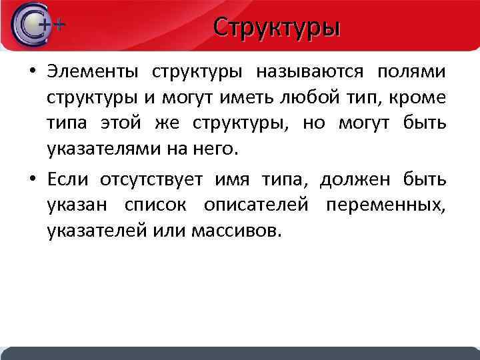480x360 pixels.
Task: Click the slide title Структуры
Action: [277, 28]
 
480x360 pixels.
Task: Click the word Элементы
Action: [94, 71]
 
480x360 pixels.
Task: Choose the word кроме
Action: [421, 98]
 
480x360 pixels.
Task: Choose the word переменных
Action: [386, 206]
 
